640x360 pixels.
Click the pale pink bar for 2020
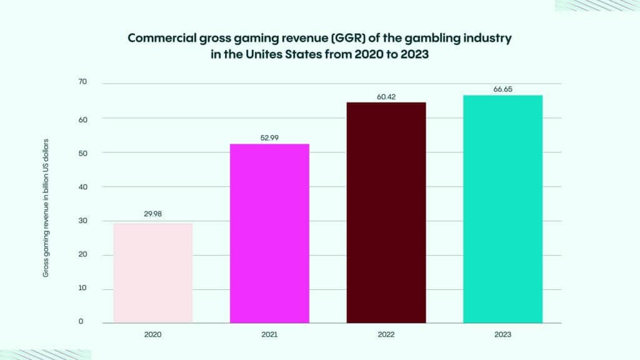(153, 273)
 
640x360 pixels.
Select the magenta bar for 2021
(269, 233)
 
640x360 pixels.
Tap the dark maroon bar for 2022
(386, 212)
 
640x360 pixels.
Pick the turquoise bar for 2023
(502, 209)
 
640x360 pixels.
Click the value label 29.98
(153, 213)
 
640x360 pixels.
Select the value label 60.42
(386, 97)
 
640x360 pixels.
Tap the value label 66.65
(502, 89)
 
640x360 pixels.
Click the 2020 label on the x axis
(153, 335)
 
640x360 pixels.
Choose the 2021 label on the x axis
(269, 335)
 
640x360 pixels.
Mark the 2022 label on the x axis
(386, 335)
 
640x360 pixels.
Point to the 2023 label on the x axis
(502, 335)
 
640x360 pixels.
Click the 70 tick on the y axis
(82, 82)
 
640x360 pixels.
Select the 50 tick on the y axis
(82, 152)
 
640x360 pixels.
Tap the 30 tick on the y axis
(82, 221)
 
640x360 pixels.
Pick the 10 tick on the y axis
(82, 289)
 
